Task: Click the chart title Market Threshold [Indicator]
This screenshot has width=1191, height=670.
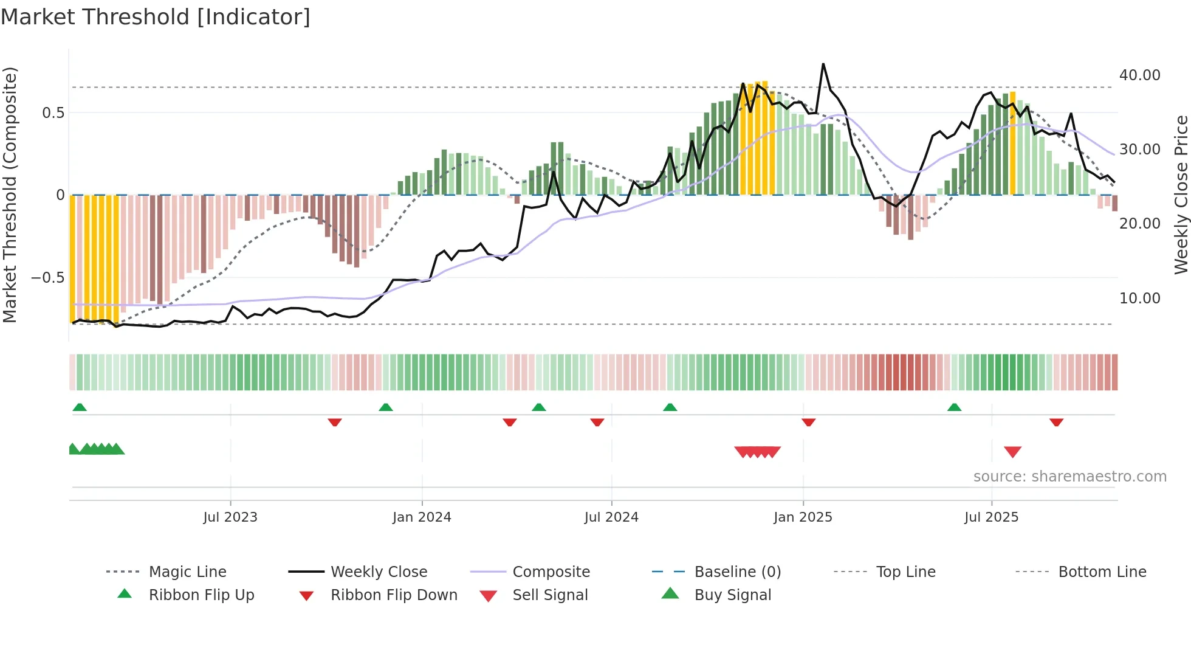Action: pos(156,17)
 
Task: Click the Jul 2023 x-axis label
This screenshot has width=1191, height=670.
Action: pos(230,517)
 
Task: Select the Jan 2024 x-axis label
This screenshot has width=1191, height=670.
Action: pos(422,517)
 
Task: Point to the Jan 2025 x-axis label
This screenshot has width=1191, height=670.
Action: pos(803,517)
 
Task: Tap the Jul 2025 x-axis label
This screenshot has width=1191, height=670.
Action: pos(991,517)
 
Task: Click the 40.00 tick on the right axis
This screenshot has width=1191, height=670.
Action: pos(1139,75)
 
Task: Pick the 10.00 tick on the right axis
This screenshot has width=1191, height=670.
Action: pos(1139,299)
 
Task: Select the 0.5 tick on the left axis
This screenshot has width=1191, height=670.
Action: pos(53,113)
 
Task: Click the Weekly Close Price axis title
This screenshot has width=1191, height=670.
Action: pos(1181,195)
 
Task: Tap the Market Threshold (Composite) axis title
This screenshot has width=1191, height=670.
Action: pos(10,195)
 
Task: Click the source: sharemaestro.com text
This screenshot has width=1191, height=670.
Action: pos(1069,477)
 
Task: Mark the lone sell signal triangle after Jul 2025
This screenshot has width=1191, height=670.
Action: pos(1012,452)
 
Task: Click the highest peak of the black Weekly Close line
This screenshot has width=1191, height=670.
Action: pos(823,64)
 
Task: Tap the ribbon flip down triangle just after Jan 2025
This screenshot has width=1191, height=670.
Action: pos(808,422)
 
